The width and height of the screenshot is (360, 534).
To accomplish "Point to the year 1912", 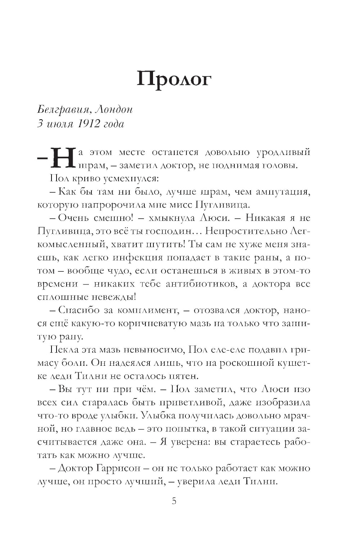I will [87, 124].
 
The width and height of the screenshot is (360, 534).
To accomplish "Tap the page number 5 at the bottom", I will [174, 501].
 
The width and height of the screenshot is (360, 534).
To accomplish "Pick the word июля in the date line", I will [59, 124].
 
